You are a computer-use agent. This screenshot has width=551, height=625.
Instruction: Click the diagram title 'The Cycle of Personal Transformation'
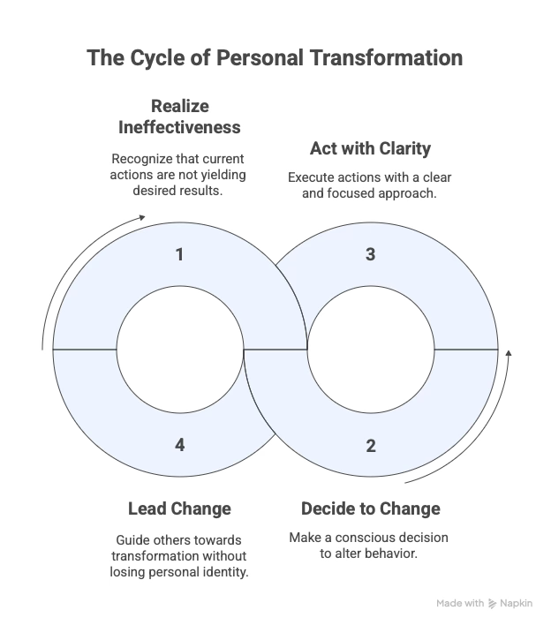pos(275,58)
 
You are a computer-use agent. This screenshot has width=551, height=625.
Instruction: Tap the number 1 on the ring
pos(180,255)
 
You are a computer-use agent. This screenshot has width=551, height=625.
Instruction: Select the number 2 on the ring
pos(371,445)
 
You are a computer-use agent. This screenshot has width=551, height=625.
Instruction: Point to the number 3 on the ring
pos(371,255)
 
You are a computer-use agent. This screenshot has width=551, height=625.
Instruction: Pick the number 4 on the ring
pos(180,445)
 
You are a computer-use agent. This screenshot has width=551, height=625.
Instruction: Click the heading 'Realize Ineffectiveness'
pos(180,117)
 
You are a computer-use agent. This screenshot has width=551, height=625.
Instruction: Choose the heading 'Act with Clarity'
pos(370,147)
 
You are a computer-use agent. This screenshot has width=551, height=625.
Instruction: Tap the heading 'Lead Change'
pos(180,509)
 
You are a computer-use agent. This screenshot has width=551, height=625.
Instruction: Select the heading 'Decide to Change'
pos(371,509)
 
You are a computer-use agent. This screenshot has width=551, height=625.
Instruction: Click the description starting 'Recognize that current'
pos(180,174)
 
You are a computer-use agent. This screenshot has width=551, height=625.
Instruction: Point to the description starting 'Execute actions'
pos(371,184)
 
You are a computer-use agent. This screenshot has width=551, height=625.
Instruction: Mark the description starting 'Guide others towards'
pos(180,555)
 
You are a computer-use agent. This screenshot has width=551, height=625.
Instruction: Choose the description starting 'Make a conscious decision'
pos(371,546)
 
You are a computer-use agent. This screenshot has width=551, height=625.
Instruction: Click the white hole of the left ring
pos(180,350)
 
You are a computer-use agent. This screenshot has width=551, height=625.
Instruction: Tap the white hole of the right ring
pos(371,350)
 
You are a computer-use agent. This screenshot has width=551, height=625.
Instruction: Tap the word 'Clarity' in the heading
pos(404,147)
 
